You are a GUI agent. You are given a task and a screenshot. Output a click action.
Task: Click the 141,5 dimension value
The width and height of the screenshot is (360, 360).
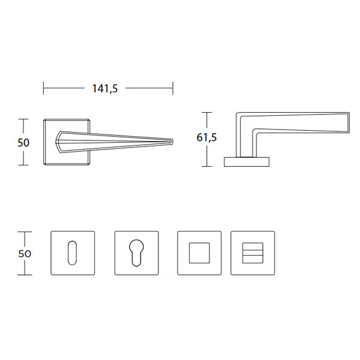105,88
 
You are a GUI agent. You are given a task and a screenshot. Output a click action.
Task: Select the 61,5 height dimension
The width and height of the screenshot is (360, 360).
206,137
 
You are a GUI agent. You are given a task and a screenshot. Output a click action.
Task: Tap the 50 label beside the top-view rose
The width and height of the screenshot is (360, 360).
23,143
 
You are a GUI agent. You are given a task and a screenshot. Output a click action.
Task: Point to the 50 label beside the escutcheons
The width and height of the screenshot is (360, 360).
25,254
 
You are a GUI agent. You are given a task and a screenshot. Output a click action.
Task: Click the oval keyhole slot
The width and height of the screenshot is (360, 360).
73,253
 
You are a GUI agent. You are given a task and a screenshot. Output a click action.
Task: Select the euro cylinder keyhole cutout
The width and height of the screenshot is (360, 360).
136,253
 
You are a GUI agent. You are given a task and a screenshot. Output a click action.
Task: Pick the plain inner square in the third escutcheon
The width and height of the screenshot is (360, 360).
199,253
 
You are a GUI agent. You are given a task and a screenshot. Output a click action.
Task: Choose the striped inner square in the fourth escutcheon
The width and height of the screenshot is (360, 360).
253,253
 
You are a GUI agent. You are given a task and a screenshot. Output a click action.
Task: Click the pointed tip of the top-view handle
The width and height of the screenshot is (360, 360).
173,142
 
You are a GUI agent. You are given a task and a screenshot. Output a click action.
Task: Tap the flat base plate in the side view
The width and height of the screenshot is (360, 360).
247,162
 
